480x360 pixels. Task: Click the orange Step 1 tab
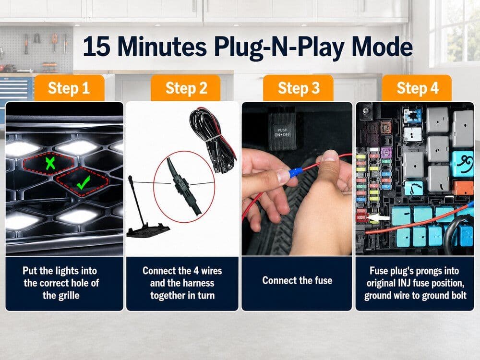click(x=69, y=88)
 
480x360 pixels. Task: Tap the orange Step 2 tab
click(x=186, y=88)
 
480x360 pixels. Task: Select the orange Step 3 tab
click(x=299, y=88)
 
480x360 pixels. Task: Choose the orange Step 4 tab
click(x=417, y=88)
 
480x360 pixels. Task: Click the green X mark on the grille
click(x=50, y=163)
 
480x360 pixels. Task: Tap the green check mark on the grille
click(x=83, y=182)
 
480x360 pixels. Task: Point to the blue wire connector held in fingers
click(x=295, y=172)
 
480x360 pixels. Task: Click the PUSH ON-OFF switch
click(x=282, y=132)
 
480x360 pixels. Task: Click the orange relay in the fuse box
click(x=463, y=188)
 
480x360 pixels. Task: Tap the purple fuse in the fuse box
click(x=386, y=153)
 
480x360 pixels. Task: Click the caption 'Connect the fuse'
click(x=297, y=280)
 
